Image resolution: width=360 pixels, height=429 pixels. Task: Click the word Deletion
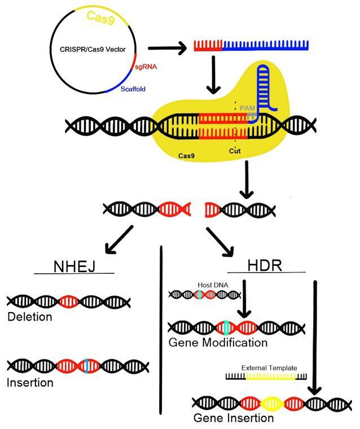[30, 317]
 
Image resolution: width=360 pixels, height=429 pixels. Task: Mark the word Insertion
[30, 383]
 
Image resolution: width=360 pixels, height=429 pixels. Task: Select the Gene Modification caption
[217, 343]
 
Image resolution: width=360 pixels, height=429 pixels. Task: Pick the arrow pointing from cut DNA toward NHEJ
[117, 239]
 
